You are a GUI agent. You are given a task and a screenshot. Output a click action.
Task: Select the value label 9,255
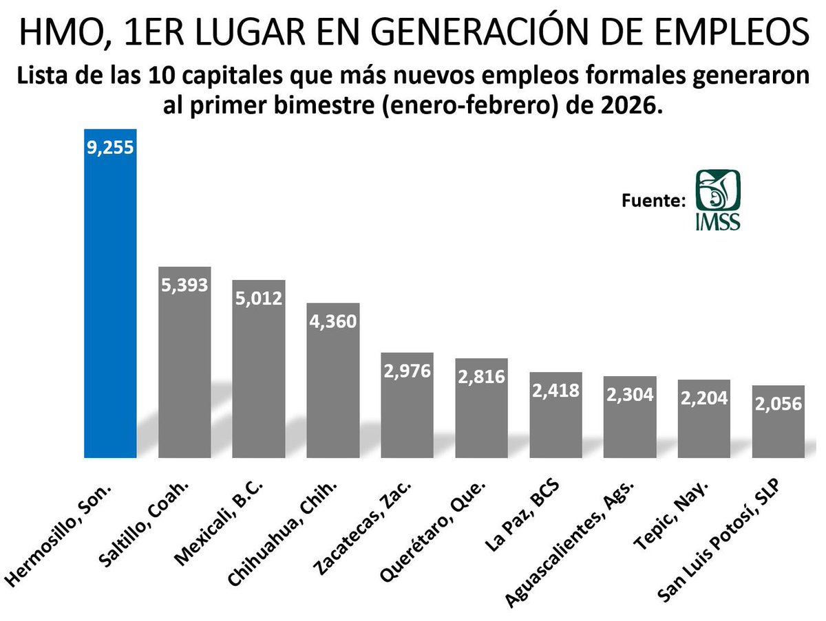(x=110, y=146)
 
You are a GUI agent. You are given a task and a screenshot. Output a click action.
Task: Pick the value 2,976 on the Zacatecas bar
(x=407, y=371)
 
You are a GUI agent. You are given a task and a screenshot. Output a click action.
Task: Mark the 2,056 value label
(x=779, y=403)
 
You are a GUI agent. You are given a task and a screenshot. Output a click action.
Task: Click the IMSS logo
(x=717, y=199)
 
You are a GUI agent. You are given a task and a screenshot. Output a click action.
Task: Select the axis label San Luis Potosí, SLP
(x=723, y=543)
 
